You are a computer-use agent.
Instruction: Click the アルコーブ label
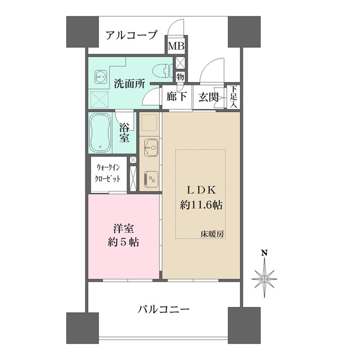click(x=131, y=35)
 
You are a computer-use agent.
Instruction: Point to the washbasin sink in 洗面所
click(x=100, y=75)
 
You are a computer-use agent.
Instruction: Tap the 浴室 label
click(x=124, y=132)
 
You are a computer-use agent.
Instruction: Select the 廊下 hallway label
click(x=177, y=97)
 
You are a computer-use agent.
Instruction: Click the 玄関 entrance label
click(x=209, y=97)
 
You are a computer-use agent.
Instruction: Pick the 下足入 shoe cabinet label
click(x=233, y=97)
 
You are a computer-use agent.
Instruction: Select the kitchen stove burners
click(x=150, y=178)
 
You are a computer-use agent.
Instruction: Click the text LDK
click(x=201, y=189)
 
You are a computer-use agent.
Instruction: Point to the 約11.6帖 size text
click(x=201, y=205)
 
